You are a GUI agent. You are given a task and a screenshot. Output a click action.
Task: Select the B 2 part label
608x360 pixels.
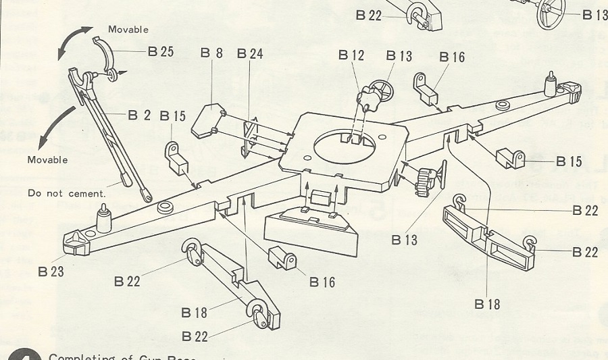[x=139, y=115]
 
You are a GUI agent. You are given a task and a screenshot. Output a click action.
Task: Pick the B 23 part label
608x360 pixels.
[x=51, y=272]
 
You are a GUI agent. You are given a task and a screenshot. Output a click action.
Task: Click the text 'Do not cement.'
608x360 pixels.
[x=67, y=194]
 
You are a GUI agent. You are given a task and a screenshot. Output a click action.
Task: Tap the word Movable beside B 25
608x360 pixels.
[x=128, y=30]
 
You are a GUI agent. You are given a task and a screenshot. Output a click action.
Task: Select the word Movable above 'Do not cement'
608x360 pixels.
[x=47, y=160]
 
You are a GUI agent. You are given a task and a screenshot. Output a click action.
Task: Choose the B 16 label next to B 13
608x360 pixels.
[x=451, y=57]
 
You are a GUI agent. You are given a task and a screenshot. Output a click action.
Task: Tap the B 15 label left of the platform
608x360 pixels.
[x=172, y=115]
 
